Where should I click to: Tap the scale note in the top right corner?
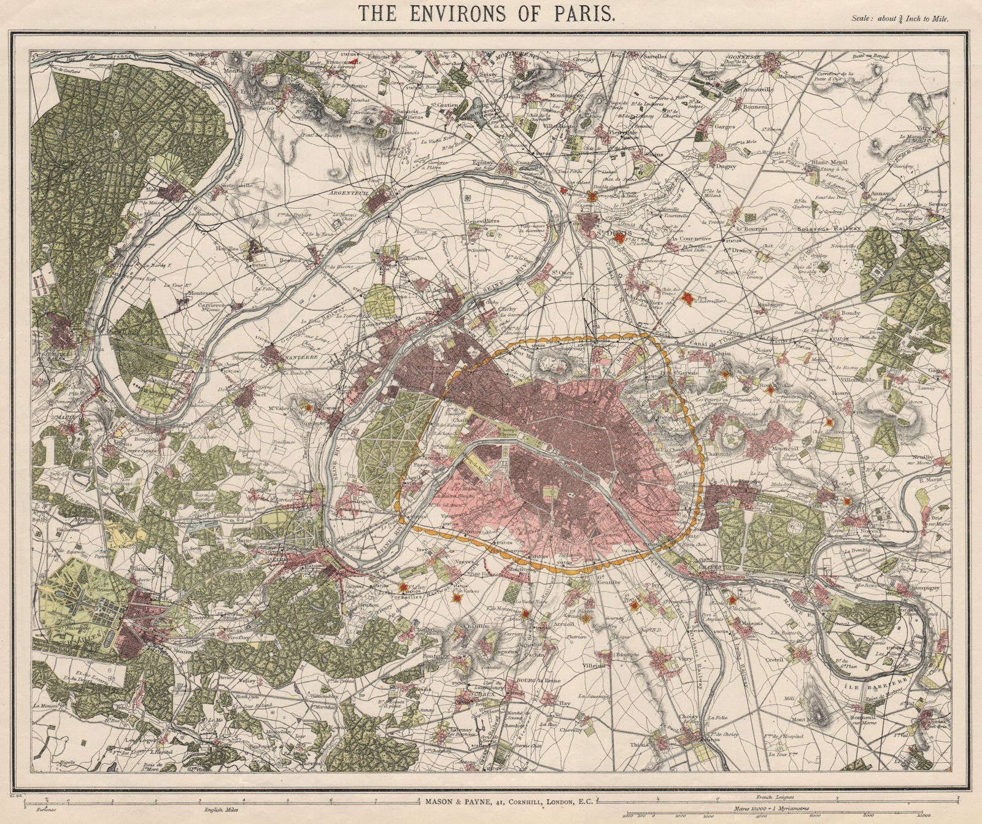click(x=900, y=18)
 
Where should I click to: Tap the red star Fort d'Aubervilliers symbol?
click(x=688, y=298)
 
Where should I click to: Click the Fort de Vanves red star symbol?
click(x=457, y=598)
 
